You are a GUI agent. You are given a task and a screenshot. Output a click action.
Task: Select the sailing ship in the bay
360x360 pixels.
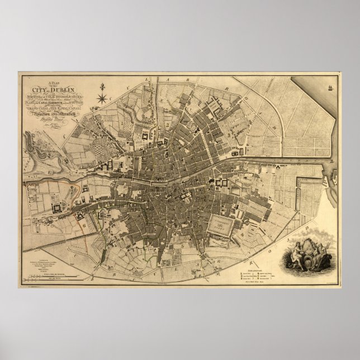(x=332, y=88)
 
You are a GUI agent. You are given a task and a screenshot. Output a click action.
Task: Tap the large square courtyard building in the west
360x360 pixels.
(x=57, y=207)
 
